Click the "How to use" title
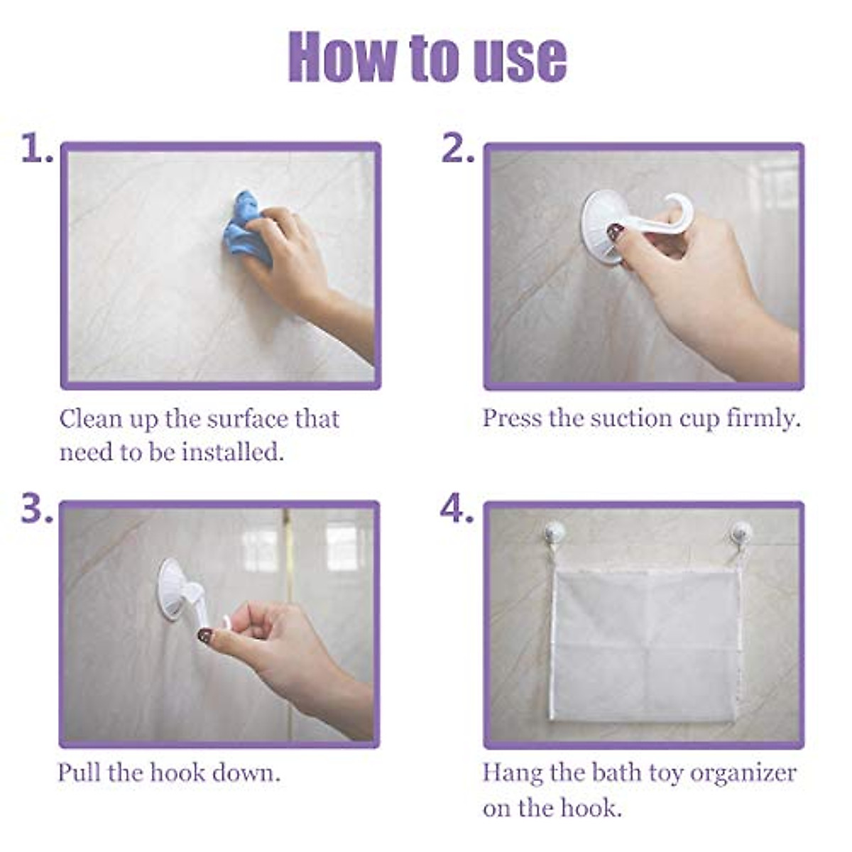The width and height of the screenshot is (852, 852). coord(427,57)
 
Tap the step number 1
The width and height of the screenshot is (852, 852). coord(35,149)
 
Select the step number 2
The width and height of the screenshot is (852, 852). coord(457,149)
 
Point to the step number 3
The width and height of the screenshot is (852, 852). coord(35,508)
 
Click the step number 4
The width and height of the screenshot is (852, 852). coord(457,508)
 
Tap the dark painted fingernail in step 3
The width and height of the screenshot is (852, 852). coord(204,635)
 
